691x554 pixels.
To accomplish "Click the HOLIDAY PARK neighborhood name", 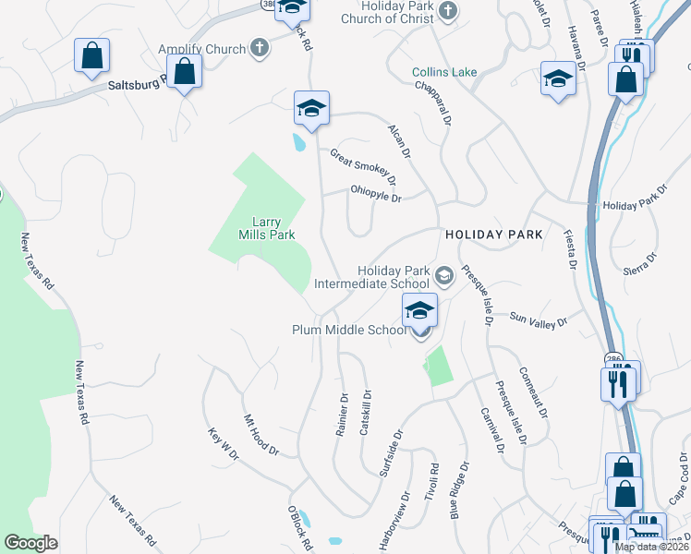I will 493,235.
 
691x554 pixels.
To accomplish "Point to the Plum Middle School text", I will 349,330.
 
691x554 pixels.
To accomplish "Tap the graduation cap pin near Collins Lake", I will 558,81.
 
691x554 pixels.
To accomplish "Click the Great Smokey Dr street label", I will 363,165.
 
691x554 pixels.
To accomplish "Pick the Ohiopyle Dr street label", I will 376,197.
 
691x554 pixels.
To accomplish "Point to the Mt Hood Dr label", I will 261,434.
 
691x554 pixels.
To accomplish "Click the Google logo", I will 31,543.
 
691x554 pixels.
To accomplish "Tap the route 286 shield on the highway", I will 613,358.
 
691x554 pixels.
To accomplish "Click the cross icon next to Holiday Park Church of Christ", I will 448,11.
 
